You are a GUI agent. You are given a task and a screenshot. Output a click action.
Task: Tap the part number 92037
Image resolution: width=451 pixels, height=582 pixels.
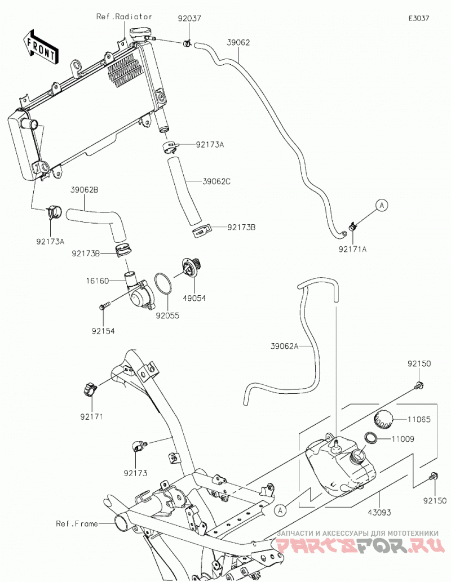pyautogui.click(x=189, y=18)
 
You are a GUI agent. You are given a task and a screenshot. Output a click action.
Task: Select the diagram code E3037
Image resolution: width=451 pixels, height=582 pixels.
pyautogui.click(x=419, y=18)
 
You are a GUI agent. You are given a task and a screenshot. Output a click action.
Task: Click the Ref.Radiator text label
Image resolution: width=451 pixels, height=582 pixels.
pyautogui.click(x=124, y=17)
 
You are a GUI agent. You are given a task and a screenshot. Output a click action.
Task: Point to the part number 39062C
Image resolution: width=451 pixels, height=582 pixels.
pyautogui.click(x=216, y=181)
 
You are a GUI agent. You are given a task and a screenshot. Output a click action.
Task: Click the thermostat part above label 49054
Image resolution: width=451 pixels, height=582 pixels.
pyautogui.click(x=191, y=267)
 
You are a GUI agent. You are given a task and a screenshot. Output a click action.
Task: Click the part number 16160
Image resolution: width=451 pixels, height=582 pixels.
pyautogui.click(x=98, y=281)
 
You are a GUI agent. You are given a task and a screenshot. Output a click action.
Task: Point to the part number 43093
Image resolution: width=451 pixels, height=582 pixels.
pyautogui.click(x=379, y=513)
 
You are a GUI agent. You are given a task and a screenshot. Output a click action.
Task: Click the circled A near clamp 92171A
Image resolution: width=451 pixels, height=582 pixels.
pyautogui.click(x=382, y=205)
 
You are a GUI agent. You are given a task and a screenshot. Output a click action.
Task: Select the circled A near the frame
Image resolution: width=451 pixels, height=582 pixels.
pyautogui.click(x=281, y=510)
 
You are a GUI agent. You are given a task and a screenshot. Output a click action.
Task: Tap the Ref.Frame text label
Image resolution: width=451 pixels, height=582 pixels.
pyautogui.click(x=77, y=524)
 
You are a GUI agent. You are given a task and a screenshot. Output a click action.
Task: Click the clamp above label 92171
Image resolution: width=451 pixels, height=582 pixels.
pyautogui.click(x=90, y=390)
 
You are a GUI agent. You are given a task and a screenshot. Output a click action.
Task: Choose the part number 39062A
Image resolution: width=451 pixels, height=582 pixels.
pyautogui.click(x=284, y=346)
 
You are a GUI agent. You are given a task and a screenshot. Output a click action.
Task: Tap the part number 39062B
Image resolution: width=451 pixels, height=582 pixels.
pyautogui.click(x=85, y=190)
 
